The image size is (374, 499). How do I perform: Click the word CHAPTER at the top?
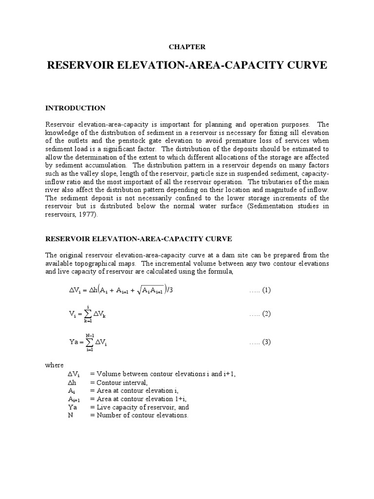(x=187, y=47)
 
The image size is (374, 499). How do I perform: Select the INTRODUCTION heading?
(x=75, y=108)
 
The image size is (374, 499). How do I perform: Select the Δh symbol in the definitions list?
(x=73, y=382)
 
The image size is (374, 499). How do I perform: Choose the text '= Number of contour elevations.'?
(x=139, y=415)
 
